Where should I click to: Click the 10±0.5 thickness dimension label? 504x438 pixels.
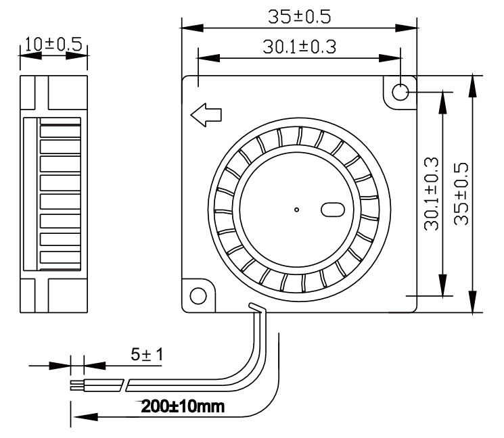point(52,45)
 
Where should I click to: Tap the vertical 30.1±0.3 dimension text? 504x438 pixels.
point(433,195)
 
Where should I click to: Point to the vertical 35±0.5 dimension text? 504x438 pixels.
point(463,195)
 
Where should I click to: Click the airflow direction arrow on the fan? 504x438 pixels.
point(206,116)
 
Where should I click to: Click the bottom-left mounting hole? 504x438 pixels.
point(199,296)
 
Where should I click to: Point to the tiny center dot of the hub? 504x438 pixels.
point(296,210)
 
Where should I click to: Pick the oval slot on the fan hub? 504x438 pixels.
point(334,210)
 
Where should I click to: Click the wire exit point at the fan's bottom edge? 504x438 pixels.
point(256,308)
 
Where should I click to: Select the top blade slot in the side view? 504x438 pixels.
point(60,128)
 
